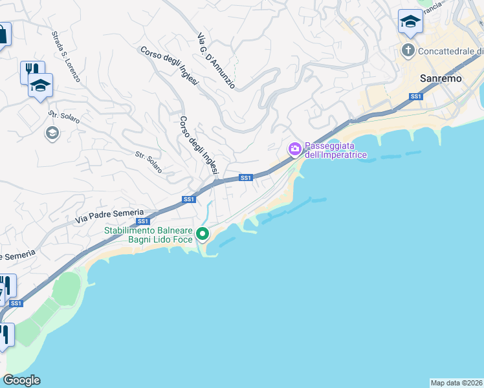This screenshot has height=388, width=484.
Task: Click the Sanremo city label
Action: pyautogui.click(x=441, y=78)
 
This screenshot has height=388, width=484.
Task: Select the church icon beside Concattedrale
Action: pyautogui.click(x=408, y=50)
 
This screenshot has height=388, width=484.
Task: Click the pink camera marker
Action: pyautogui.click(x=294, y=150)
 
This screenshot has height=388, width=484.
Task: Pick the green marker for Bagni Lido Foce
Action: pyautogui.click(x=203, y=233)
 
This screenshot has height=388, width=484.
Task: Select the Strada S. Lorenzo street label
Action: pyautogui.click(x=66, y=57)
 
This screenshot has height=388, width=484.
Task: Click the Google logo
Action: pyautogui.click(x=21, y=380)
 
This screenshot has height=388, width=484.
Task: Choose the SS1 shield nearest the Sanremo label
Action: pyautogui.click(x=416, y=97)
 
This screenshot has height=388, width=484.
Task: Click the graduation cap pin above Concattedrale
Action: pyautogui.click(x=410, y=23)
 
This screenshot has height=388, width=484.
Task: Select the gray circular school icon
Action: pyautogui.click(x=51, y=133)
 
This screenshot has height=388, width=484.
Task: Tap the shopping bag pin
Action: pyautogui.click(x=3, y=35)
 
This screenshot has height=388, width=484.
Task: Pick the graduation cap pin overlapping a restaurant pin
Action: pyautogui.click(x=40, y=85)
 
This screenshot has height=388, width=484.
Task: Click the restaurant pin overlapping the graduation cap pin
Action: pyautogui.click(x=30, y=70)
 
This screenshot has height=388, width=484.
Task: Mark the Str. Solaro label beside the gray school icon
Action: pyautogui.click(x=64, y=118)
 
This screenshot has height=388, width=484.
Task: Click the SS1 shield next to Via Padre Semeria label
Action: pyautogui.click(x=143, y=221)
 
